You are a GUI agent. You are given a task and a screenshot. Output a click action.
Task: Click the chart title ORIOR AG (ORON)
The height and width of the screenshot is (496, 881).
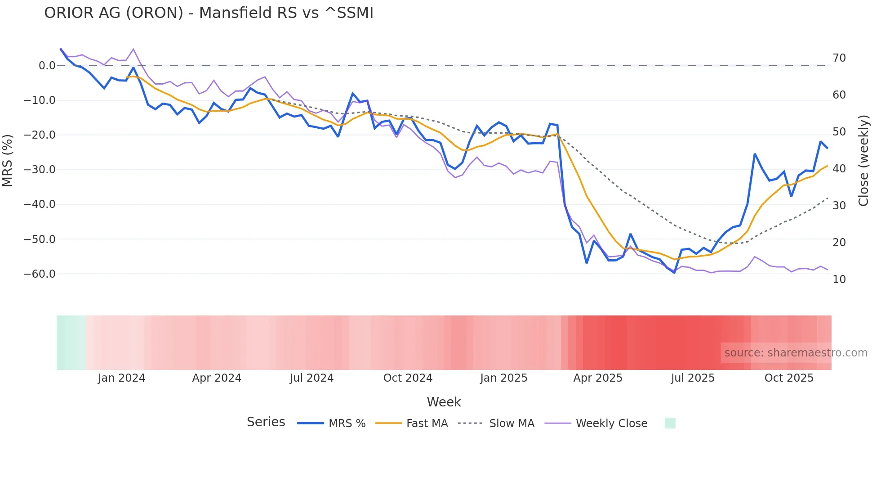click(209, 13)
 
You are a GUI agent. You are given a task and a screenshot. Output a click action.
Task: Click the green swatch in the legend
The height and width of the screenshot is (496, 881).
click(670, 423)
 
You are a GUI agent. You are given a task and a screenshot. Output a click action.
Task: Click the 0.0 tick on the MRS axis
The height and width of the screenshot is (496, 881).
click(47, 66)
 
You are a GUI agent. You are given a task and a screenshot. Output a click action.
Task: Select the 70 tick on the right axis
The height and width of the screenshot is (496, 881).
click(839, 58)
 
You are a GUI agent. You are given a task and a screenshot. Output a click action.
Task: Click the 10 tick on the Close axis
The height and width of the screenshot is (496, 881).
click(839, 280)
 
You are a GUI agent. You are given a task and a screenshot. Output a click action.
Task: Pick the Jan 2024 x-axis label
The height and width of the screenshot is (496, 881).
click(121, 378)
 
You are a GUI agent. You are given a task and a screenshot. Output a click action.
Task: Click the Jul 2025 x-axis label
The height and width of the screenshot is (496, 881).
click(693, 378)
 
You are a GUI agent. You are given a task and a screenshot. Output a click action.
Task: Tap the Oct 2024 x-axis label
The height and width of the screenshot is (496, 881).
click(408, 378)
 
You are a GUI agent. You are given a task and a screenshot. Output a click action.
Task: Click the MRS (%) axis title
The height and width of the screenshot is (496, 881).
click(8, 161)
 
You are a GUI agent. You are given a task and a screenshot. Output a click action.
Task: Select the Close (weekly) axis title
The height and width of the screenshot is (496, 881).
click(863, 161)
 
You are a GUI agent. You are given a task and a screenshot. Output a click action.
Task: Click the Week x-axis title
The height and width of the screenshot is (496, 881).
click(444, 402)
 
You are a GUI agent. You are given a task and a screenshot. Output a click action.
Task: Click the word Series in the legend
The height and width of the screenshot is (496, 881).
click(266, 422)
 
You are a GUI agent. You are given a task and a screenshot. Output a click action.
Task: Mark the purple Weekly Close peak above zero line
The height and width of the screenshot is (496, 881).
click(133, 49)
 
